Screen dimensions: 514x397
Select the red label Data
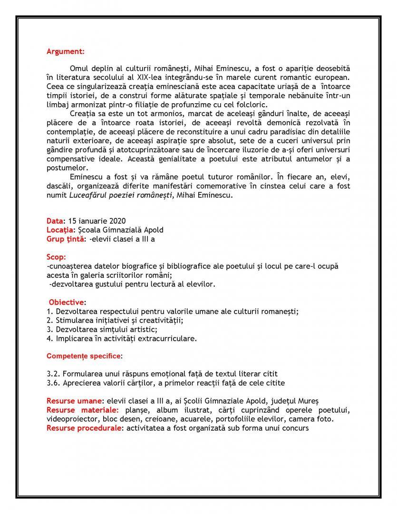click(x=55, y=221)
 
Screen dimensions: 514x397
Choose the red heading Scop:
click(x=57, y=257)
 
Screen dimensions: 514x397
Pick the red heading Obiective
click(x=67, y=302)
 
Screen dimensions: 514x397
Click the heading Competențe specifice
click(x=84, y=356)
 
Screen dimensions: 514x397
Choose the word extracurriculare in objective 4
click(x=165, y=338)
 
